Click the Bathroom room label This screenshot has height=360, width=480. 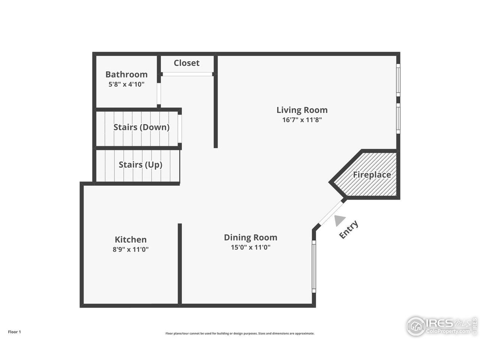pyautogui.click(x=126, y=74)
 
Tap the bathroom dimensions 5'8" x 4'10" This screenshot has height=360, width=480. pyautogui.click(x=126, y=84)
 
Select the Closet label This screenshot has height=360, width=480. pyautogui.click(x=186, y=63)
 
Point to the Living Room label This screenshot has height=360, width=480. pyautogui.click(x=302, y=110)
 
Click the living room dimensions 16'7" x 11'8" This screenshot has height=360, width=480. pyautogui.click(x=302, y=120)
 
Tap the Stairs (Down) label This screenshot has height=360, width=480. pyautogui.click(x=141, y=127)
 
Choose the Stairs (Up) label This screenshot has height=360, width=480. pyautogui.click(x=140, y=165)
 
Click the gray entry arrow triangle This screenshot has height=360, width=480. pyautogui.click(x=339, y=220)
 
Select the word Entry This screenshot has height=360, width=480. pyautogui.click(x=349, y=229)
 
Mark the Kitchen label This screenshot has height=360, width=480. pyautogui.click(x=130, y=239)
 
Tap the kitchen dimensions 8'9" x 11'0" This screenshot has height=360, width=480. pyautogui.click(x=130, y=249)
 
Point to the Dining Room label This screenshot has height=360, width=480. pyautogui.click(x=250, y=237)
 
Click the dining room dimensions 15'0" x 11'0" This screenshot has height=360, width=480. pyautogui.click(x=250, y=247)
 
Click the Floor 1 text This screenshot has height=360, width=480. pyautogui.click(x=15, y=332)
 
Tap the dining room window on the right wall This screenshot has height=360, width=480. pyautogui.click(x=314, y=266)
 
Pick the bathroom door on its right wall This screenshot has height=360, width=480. pyautogui.click(x=159, y=94)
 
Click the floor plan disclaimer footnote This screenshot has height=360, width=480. pyautogui.click(x=240, y=333)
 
